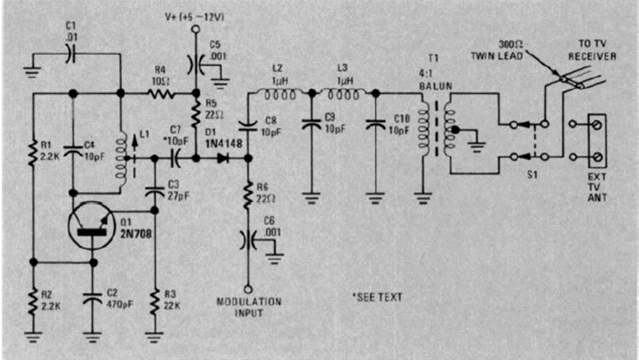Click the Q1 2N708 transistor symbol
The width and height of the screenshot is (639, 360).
coord(89,229)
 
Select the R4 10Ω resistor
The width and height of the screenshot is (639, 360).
coord(159,92)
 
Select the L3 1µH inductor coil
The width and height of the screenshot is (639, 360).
coord(343,92)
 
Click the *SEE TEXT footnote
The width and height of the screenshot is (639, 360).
coord(376,297)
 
